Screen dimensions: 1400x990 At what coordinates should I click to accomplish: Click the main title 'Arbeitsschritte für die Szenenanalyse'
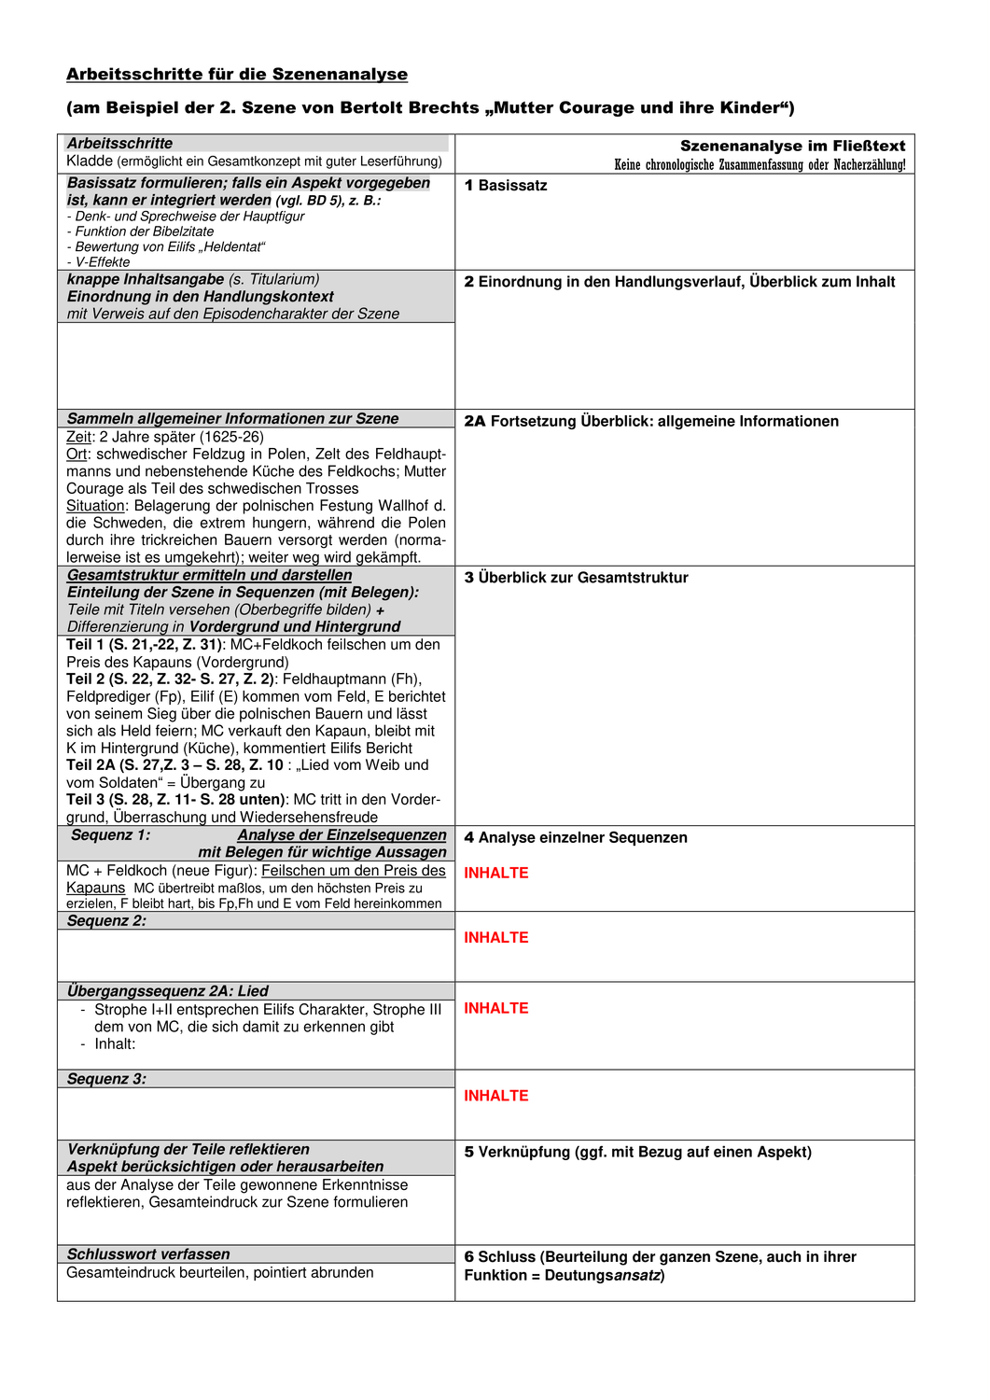click(x=237, y=75)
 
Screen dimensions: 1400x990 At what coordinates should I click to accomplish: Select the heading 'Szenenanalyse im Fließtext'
click(x=792, y=146)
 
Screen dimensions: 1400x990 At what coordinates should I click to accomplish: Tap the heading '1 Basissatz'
click(x=506, y=186)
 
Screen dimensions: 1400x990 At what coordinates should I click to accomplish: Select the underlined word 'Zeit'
click(x=78, y=437)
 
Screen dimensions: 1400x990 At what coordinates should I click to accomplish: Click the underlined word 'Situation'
click(x=95, y=506)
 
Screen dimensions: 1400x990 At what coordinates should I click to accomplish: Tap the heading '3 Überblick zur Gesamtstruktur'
click(x=576, y=578)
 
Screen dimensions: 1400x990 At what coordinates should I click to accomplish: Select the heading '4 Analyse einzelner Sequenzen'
click(x=576, y=838)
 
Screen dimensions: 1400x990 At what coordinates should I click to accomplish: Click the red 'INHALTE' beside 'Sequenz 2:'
click(x=495, y=938)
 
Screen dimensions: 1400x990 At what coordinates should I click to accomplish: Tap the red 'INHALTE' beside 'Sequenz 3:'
click(x=495, y=1096)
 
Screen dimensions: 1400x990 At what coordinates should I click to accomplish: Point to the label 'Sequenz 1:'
click(x=110, y=835)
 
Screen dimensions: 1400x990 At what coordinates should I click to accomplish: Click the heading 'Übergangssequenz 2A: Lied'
click(x=167, y=991)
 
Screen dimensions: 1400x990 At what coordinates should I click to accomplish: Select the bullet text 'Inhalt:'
click(x=115, y=1044)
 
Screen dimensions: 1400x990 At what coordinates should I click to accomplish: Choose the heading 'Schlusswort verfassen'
click(x=147, y=1254)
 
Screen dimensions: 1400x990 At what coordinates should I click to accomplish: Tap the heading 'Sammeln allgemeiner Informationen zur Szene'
click(x=232, y=419)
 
